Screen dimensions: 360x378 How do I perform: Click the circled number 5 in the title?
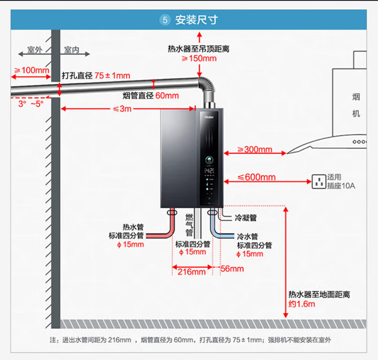[165, 20]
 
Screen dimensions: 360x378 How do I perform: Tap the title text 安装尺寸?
[196, 20]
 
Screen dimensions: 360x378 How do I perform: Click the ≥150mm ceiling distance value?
[199, 58]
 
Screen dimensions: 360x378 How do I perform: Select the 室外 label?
[34, 50]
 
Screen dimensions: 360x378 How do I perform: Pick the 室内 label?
[71, 50]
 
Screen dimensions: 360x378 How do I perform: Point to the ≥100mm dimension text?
[32, 70]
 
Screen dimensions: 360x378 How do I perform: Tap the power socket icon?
[319, 181]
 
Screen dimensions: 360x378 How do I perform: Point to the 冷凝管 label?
[246, 218]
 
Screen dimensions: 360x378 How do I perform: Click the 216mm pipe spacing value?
[191, 272]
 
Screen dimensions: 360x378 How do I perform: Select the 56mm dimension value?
[232, 269]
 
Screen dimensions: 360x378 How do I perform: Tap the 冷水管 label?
[247, 236]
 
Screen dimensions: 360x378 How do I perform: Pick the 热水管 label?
[133, 226]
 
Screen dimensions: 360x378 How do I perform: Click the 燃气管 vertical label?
[189, 225]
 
